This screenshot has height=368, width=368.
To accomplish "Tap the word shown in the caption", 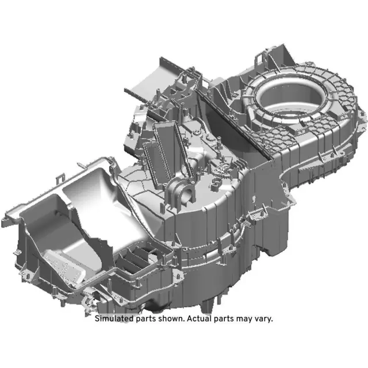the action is coord(171,319).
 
